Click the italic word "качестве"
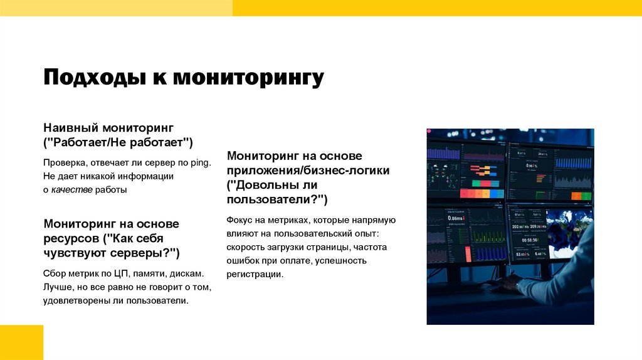[x=71, y=190]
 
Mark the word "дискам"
[x=187, y=274]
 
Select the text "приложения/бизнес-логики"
[x=308, y=170]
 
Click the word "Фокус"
[x=240, y=220]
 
